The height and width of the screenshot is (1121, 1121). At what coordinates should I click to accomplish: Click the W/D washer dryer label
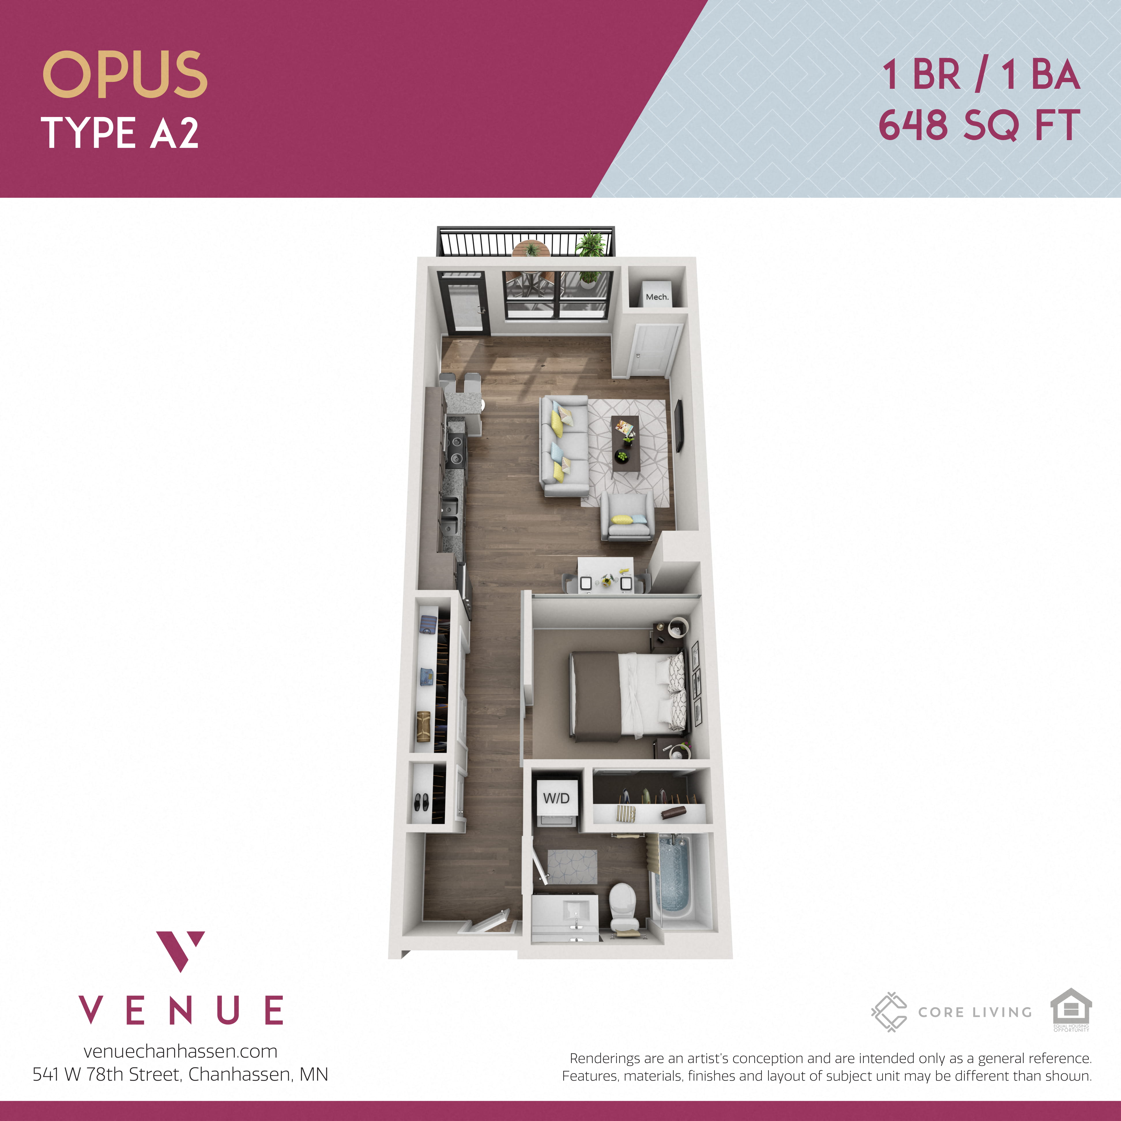coord(556,798)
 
